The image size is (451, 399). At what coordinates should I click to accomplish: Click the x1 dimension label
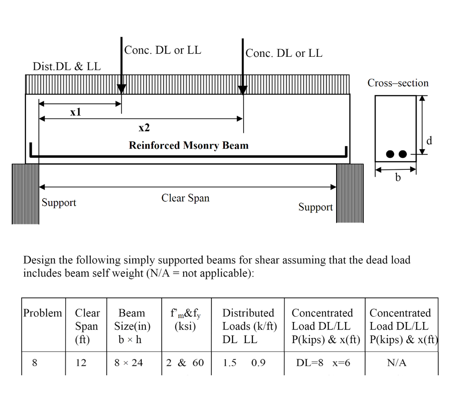76,112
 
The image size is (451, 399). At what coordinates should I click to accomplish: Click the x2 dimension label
144,128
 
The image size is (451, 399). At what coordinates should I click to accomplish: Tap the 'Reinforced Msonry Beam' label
189,145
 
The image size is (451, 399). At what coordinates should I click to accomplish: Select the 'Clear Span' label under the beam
185,198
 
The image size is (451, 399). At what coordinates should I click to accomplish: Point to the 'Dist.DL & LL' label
67,66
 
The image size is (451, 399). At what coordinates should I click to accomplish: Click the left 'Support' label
59,202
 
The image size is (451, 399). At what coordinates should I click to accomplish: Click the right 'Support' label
315,207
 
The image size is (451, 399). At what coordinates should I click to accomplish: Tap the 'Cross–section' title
398,83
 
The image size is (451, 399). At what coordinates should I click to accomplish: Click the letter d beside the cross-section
429,140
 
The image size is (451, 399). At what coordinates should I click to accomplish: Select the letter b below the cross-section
398,177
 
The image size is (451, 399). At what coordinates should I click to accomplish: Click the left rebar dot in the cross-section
390,154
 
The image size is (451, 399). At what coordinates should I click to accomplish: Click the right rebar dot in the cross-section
403,154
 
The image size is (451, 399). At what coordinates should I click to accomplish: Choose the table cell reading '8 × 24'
129,363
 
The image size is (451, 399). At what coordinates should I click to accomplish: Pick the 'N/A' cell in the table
397,363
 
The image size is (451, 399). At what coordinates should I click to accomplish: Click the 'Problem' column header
43,313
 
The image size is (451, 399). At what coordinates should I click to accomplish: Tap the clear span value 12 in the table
81,363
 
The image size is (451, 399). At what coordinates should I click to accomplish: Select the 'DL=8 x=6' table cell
323,363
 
